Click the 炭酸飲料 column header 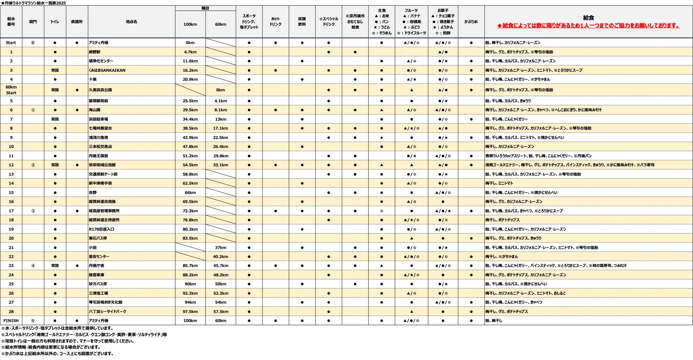pos(302,22)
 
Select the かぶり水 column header pos(471,22)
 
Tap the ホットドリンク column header pos(275,22)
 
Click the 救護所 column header pos(77,22)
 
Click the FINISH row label pos(11,321)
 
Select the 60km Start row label pos(11,90)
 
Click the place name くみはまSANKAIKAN pos(107,70)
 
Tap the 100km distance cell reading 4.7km pos(190,52)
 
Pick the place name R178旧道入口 pos(101,229)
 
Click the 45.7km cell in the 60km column pos(220,266)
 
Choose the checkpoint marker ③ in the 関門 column pos(33,211)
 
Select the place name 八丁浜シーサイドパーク pos(107,311)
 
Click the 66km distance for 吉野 pos(190,192)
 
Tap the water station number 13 pos(11,174)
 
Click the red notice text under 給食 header pos(588,25)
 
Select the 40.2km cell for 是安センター pos(220,256)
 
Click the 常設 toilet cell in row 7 pos(55,119)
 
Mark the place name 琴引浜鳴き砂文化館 pos(106,302)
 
